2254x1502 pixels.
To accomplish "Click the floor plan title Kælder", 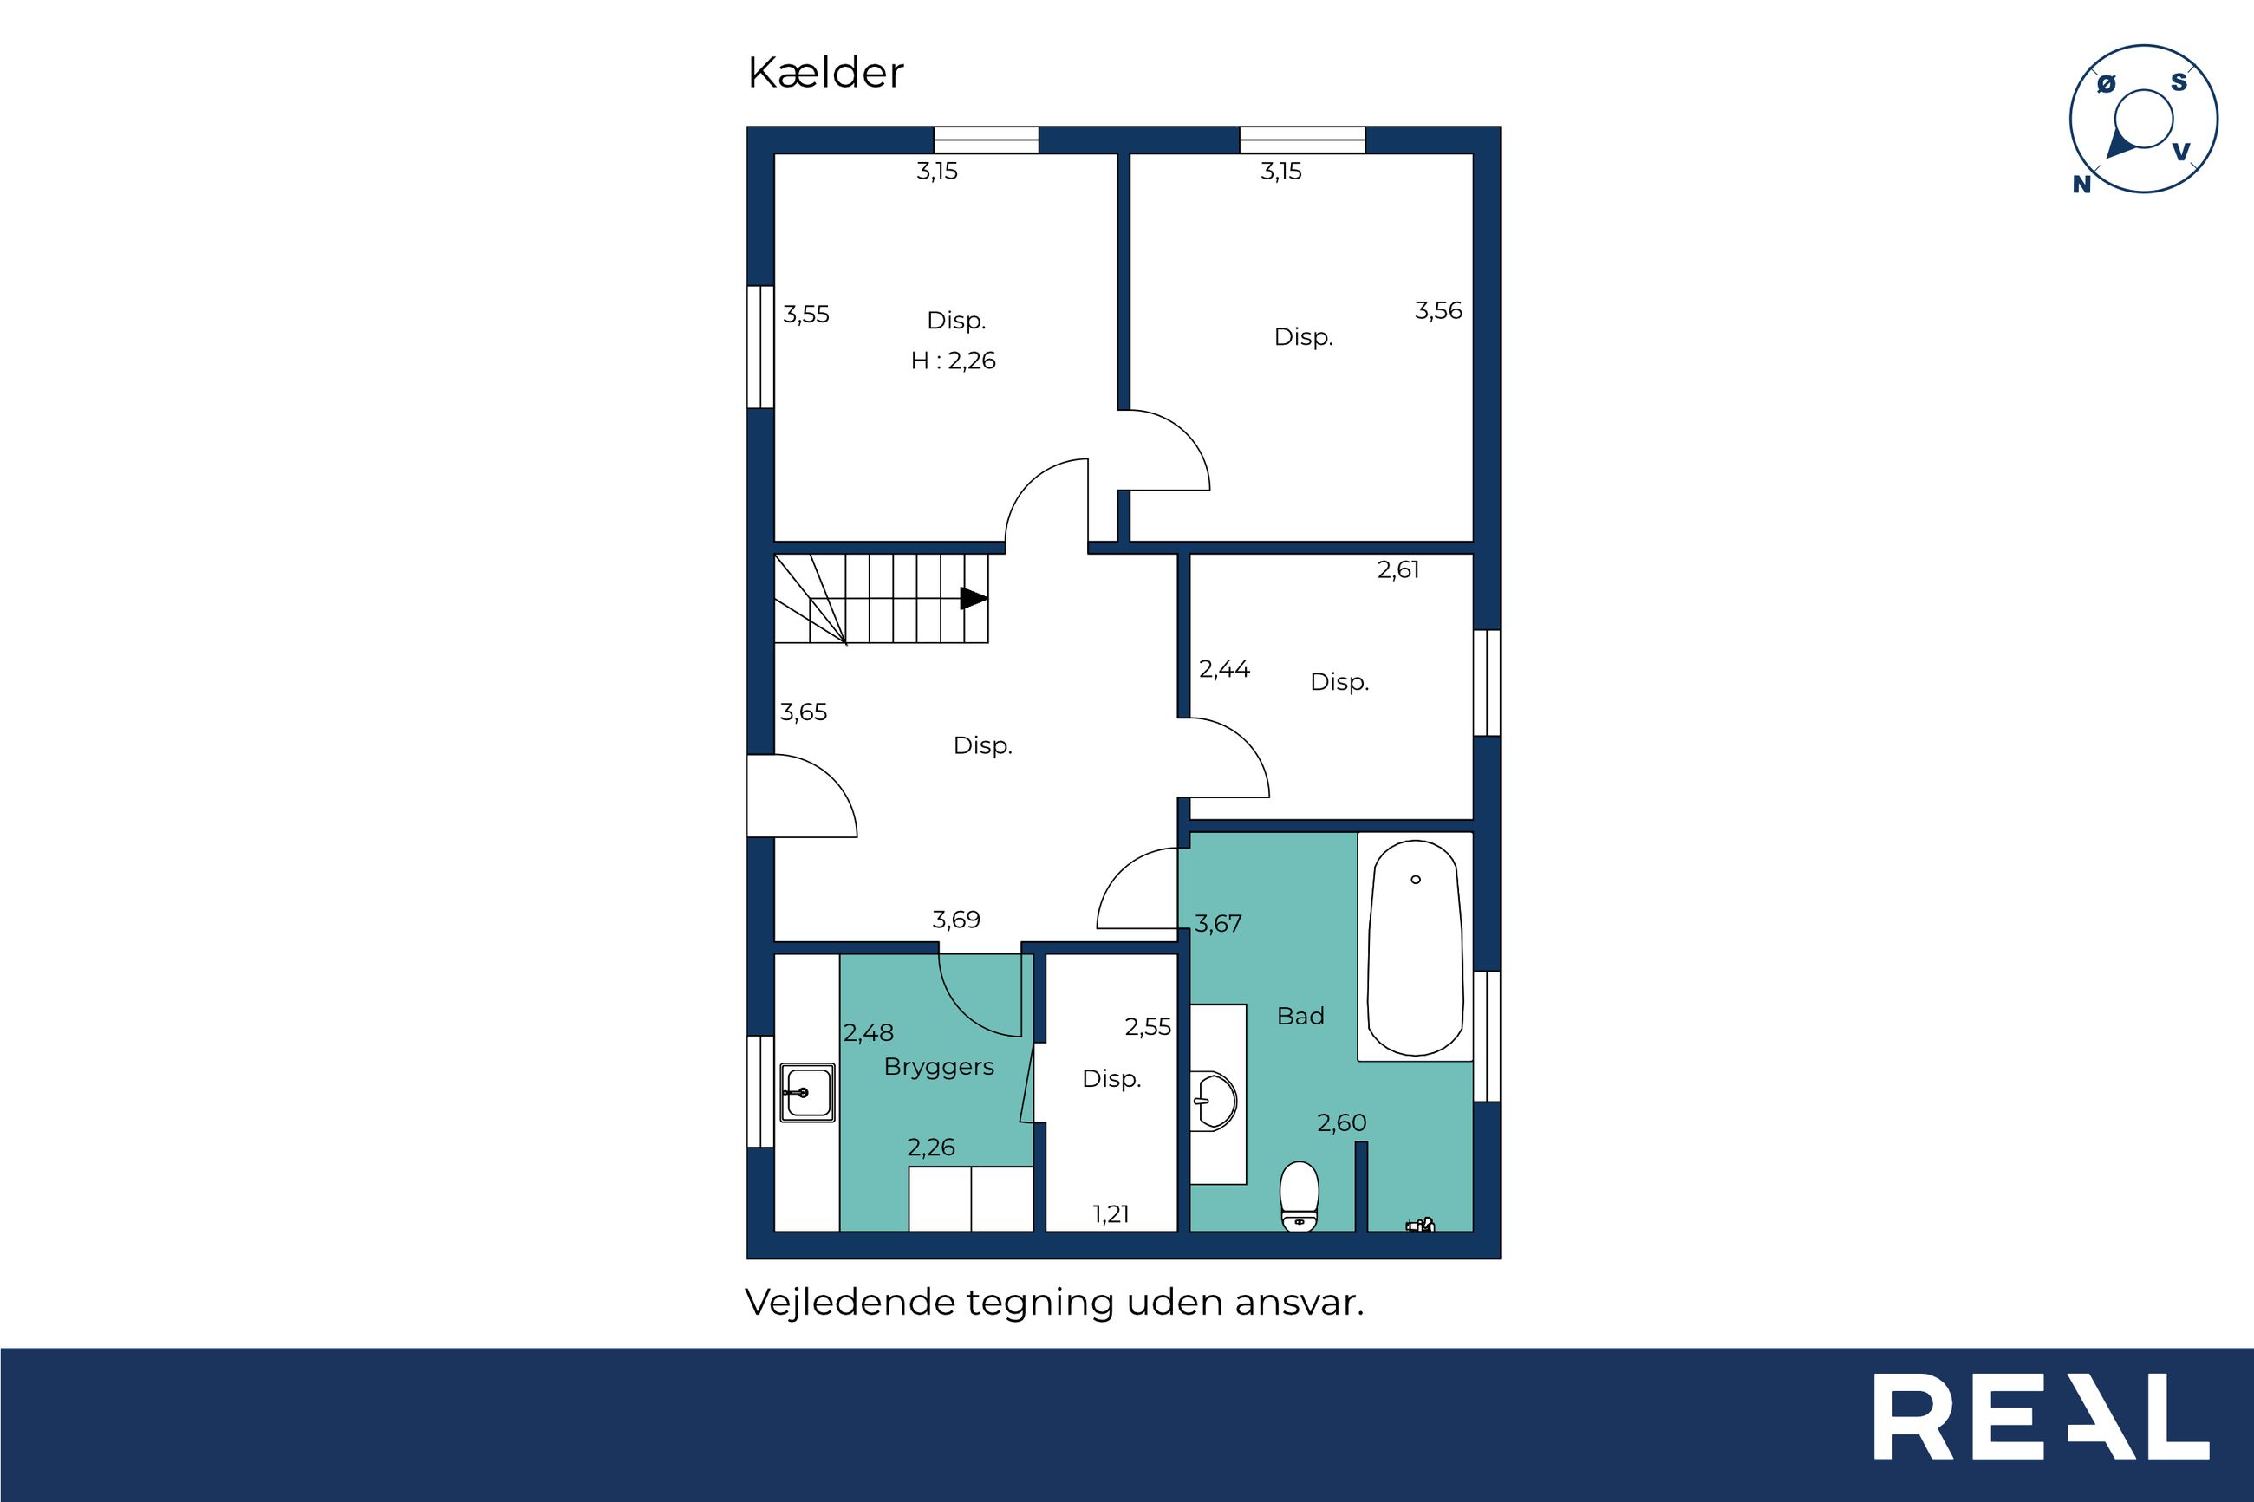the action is [824, 73].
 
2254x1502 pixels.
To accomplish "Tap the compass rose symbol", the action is [2143, 120].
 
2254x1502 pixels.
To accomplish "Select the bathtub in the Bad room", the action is [1415, 947].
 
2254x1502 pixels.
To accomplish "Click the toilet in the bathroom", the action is [1299, 1195].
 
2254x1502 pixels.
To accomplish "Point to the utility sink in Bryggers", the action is [806, 1092].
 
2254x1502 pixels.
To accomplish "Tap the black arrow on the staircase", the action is [974, 599].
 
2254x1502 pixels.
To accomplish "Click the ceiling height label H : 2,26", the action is [953, 361].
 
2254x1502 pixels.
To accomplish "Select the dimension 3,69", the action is [956, 920].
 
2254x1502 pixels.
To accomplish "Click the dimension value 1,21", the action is [1111, 1214].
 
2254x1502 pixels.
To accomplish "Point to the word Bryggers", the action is [939, 1067].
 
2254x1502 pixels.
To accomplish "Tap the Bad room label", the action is [1300, 1016].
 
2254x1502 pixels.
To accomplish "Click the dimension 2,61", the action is [1398, 570].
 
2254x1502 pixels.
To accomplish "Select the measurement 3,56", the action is [1439, 310].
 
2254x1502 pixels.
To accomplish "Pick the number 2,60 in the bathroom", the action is [1341, 1122].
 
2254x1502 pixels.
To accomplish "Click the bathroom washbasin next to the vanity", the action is [1214, 1102].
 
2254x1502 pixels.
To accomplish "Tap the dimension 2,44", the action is [1224, 668].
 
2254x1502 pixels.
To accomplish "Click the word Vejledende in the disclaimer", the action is [850, 1303].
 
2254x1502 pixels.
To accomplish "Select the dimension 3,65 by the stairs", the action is [803, 712].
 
